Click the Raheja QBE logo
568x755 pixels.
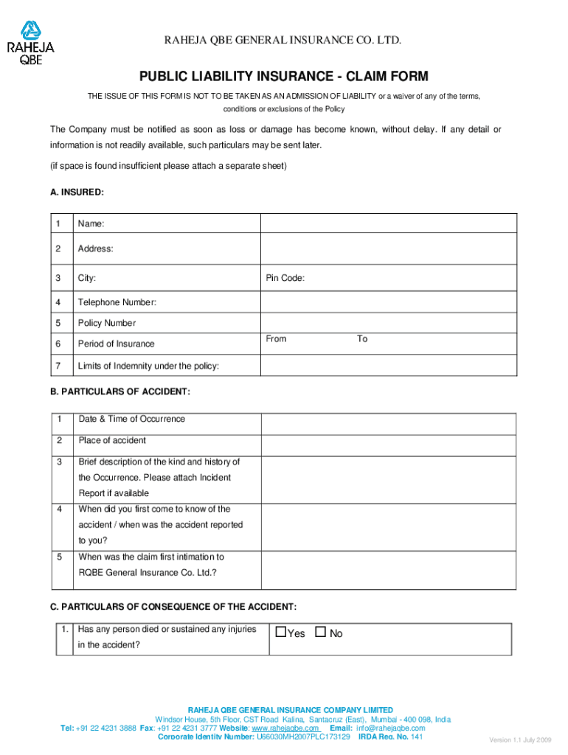30,44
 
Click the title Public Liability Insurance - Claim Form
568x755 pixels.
284,77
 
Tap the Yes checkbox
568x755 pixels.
281,633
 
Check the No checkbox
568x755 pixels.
320,633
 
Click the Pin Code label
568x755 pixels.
285,279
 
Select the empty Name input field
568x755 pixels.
387,223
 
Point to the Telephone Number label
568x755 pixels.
117,302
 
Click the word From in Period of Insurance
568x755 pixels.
276,339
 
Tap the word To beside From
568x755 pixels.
362,339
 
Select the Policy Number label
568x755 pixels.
107,323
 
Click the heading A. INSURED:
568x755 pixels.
77,192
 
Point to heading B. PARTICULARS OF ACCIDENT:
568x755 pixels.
120,392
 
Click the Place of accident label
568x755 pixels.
112,441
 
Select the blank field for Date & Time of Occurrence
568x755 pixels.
387,423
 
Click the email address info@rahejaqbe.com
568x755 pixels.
391,728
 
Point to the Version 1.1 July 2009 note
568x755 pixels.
520,740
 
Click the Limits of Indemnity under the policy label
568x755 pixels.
148,366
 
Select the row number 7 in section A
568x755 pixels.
58,366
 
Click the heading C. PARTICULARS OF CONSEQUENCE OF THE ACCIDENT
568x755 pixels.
173,607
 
